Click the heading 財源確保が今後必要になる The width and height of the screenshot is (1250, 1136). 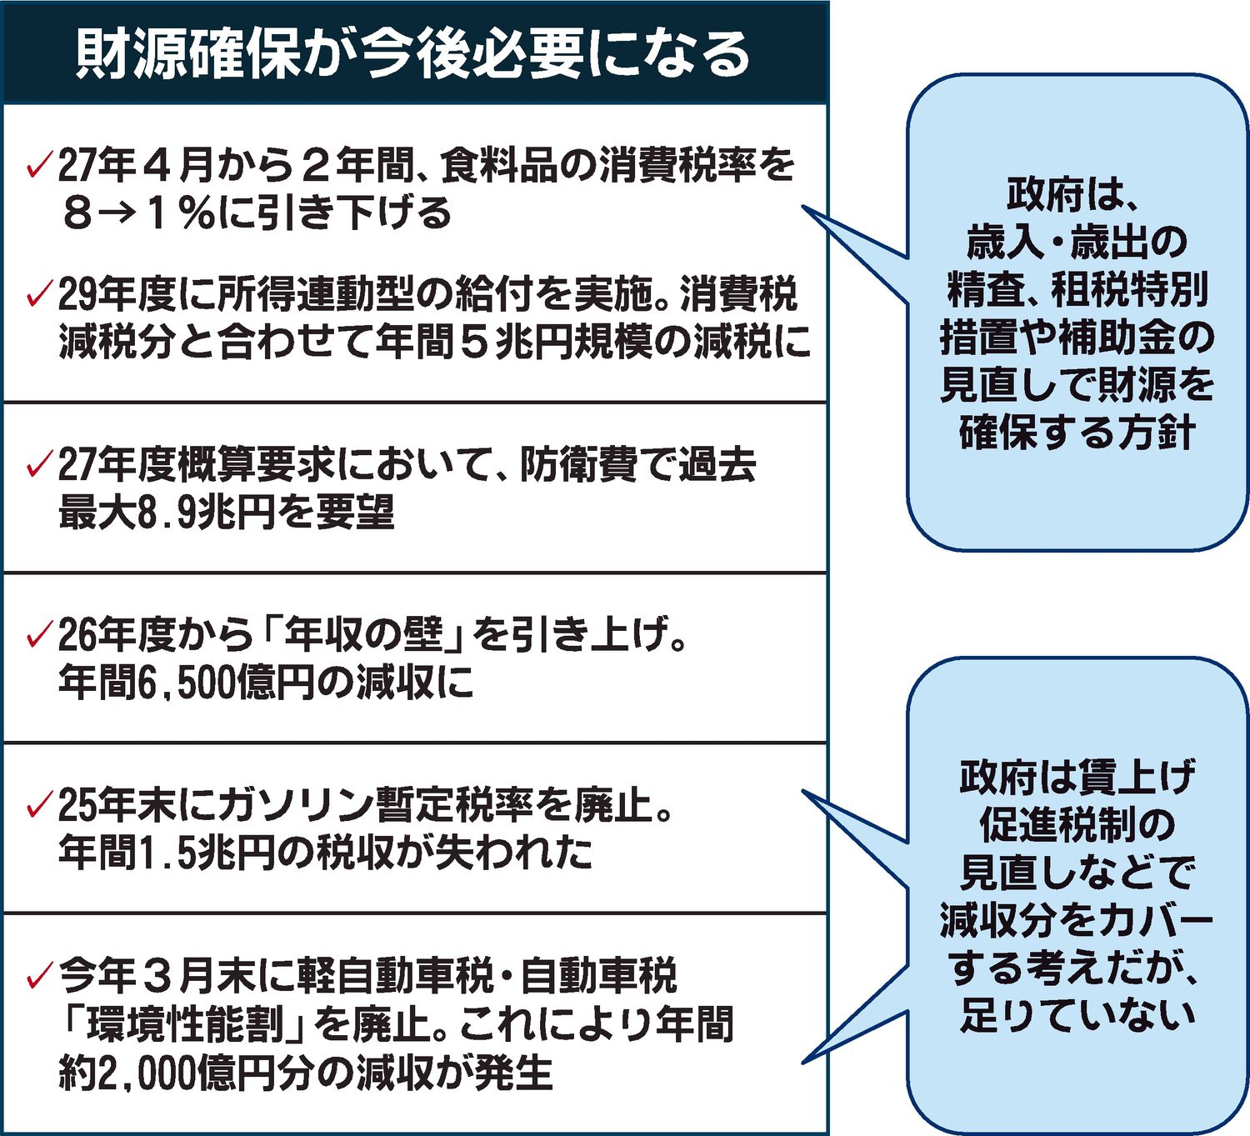[x=413, y=55]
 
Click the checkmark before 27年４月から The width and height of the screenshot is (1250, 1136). [x=39, y=166]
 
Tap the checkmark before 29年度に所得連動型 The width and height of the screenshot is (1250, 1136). [x=39, y=293]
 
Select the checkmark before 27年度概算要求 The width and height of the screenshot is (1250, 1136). [x=39, y=464]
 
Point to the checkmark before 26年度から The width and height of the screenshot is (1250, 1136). [x=39, y=635]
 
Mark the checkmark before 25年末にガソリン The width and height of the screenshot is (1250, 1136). [x=39, y=805]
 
